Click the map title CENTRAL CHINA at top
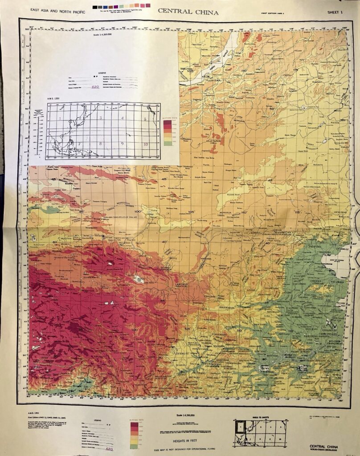point(188,12)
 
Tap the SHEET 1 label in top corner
point(336,12)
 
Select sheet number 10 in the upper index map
point(145,144)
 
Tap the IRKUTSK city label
point(187,70)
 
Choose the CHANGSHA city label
point(266,378)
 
